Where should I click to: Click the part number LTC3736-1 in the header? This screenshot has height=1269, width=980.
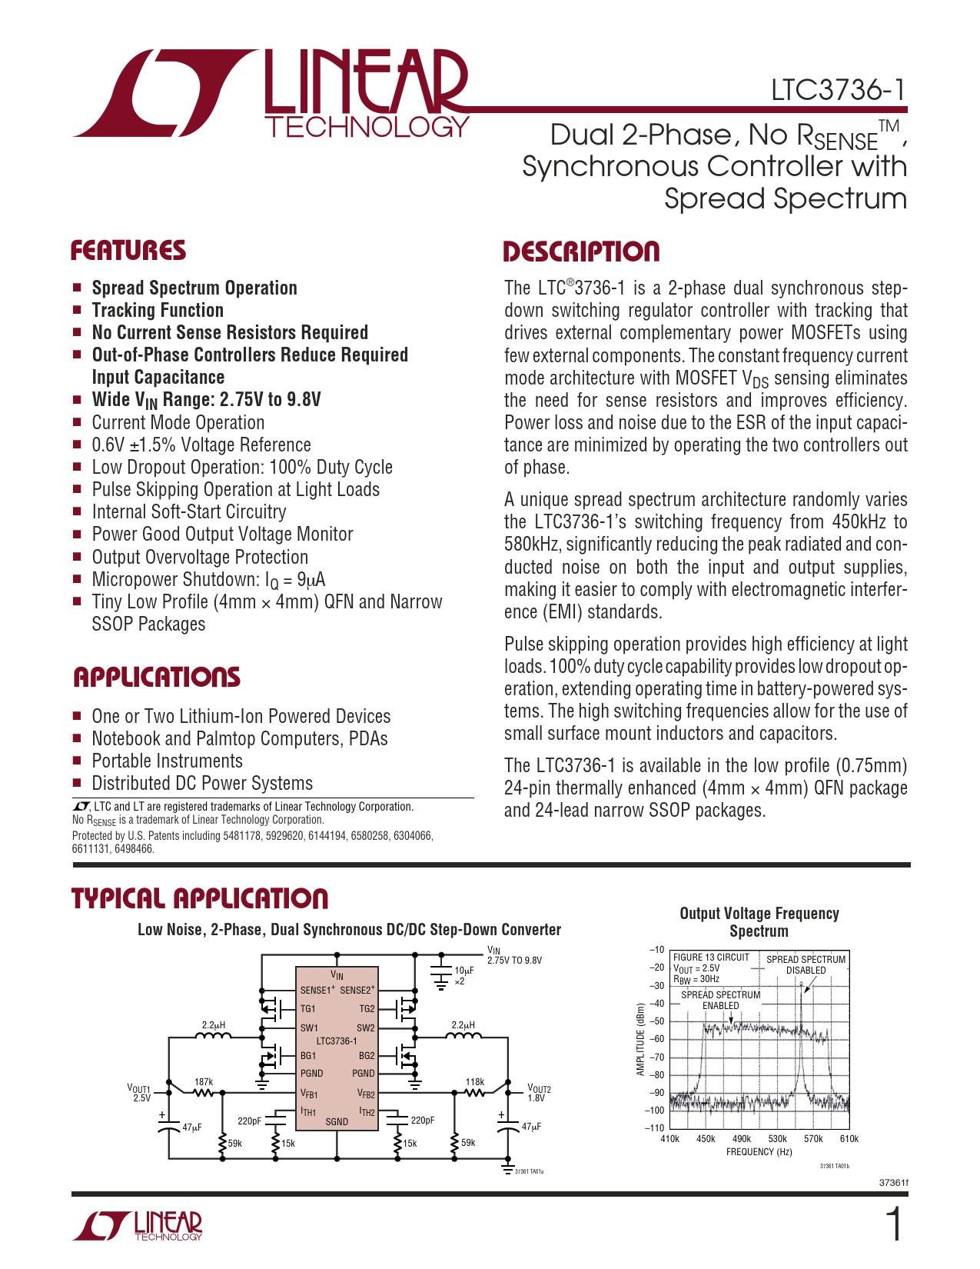(839, 91)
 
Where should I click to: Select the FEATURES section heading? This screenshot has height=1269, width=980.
(128, 251)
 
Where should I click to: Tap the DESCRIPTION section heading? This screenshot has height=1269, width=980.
(581, 251)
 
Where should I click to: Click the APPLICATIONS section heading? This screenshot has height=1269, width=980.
(157, 678)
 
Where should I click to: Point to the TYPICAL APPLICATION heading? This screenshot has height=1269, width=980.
(200, 898)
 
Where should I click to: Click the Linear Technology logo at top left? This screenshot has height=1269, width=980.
(271, 95)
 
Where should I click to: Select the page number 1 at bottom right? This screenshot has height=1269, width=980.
(894, 1225)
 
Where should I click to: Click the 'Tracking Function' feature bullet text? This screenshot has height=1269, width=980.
(158, 311)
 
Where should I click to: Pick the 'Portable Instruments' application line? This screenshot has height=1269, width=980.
(167, 761)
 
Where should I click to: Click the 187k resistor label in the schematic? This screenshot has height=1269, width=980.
(204, 1081)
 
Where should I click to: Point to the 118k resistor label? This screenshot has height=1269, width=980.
(474, 1081)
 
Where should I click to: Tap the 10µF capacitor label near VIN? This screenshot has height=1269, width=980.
(463, 971)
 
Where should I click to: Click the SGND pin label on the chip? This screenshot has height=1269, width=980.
(337, 1121)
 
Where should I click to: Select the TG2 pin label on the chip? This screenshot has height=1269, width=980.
(367, 1009)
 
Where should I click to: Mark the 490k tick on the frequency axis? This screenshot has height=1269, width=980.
(742, 1139)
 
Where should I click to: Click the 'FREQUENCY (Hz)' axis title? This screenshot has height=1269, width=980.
(759, 1152)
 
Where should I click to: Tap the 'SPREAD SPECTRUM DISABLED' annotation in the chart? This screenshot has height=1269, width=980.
(806, 964)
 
